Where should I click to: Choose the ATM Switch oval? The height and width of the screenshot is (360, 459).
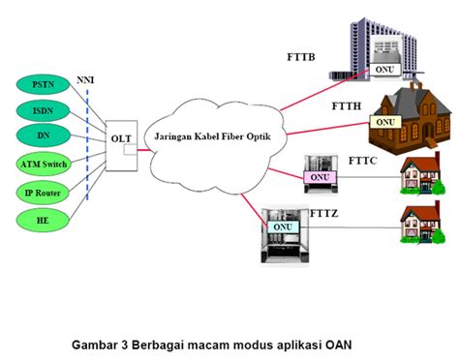pos(43,165)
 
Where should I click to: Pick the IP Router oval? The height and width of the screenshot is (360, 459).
pos(43,193)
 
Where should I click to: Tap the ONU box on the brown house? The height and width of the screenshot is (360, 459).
pos(384,123)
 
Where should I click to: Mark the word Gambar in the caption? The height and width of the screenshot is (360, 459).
pos(98,343)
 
